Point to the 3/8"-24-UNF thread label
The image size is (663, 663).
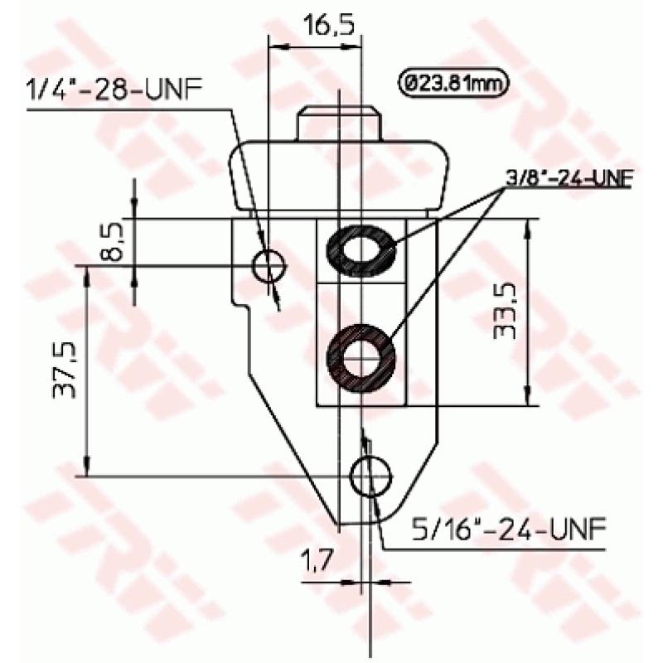566,178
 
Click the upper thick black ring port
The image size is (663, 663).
361,249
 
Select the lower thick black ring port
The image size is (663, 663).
361,357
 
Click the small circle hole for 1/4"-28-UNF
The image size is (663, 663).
269,265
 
